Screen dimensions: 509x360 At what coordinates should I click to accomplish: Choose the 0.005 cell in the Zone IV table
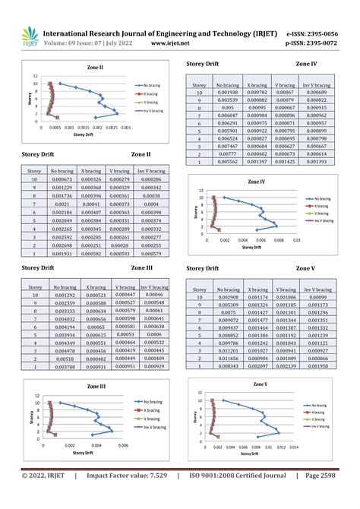[x=227, y=108]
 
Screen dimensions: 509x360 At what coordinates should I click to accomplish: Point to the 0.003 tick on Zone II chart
[x=125, y=128]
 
